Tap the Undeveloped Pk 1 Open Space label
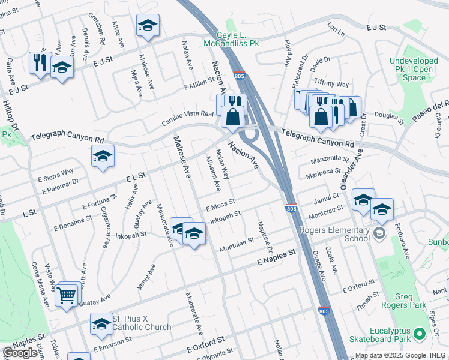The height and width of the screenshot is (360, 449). pos(411,68)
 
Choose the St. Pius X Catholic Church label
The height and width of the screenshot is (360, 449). pos(142,323)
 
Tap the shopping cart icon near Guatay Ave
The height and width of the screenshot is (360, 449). pos(67,295)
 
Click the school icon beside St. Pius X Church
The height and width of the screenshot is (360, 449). pos(101,324)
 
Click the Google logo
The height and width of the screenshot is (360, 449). pos(20,353)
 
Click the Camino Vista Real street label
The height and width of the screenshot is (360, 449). pos(187,118)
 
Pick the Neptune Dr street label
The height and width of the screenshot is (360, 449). pos(265,236)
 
